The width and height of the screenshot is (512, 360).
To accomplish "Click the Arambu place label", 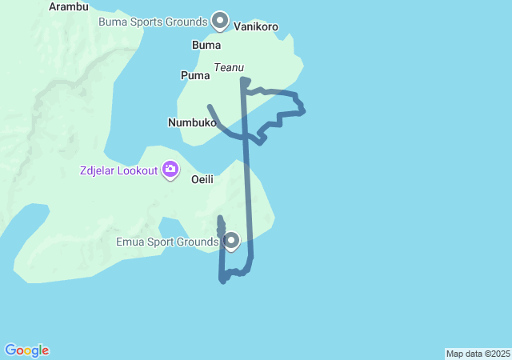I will pos(69,6).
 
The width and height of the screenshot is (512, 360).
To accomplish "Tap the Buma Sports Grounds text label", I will pos(153,22).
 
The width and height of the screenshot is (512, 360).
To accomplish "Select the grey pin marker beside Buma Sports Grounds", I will pos(220,21).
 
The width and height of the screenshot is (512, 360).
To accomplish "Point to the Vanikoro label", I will pos(256,26).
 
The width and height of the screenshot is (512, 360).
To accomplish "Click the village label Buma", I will pos(206,45).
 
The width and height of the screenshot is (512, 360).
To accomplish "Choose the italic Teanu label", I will pos(229,68).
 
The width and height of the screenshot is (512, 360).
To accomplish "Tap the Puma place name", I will pos(195,76).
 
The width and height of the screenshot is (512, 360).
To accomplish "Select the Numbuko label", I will pos(192,123).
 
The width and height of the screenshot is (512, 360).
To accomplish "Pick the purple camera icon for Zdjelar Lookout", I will pos(170,169).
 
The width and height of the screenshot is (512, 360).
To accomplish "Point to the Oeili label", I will pos(202,180).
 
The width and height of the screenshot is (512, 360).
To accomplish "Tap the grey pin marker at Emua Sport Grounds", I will pos(231,240).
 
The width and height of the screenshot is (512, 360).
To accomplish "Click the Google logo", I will pos(26,350).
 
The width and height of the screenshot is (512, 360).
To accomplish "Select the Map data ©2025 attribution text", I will pos(478,354).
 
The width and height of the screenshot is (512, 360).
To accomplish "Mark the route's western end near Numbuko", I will pos(210,106).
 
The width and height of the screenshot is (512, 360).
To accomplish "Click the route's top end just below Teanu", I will pos(242,79).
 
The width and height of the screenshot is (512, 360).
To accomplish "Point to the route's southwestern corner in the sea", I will pos(222,280).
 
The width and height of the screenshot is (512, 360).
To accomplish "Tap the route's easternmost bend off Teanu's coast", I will pos(302,110).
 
